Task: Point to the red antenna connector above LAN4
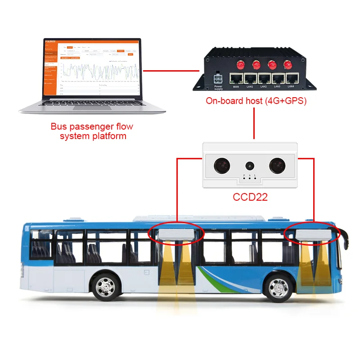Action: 288,64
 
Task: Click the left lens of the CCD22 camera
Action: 221,165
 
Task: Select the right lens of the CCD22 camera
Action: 276,165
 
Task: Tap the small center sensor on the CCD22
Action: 249,165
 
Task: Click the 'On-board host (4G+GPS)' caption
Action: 256,101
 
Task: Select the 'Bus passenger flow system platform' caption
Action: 92,131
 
